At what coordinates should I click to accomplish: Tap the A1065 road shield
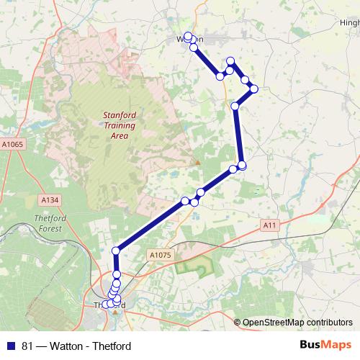tap(12, 145)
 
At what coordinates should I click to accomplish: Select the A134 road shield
tap(49, 199)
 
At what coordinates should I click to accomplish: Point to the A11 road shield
tap(270, 225)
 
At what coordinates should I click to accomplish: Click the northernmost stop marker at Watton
tap(188, 36)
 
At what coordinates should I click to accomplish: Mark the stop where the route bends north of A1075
tap(115, 251)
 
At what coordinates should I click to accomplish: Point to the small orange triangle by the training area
tap(197, 162)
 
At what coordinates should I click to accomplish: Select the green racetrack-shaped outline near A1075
tap(192, 267)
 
